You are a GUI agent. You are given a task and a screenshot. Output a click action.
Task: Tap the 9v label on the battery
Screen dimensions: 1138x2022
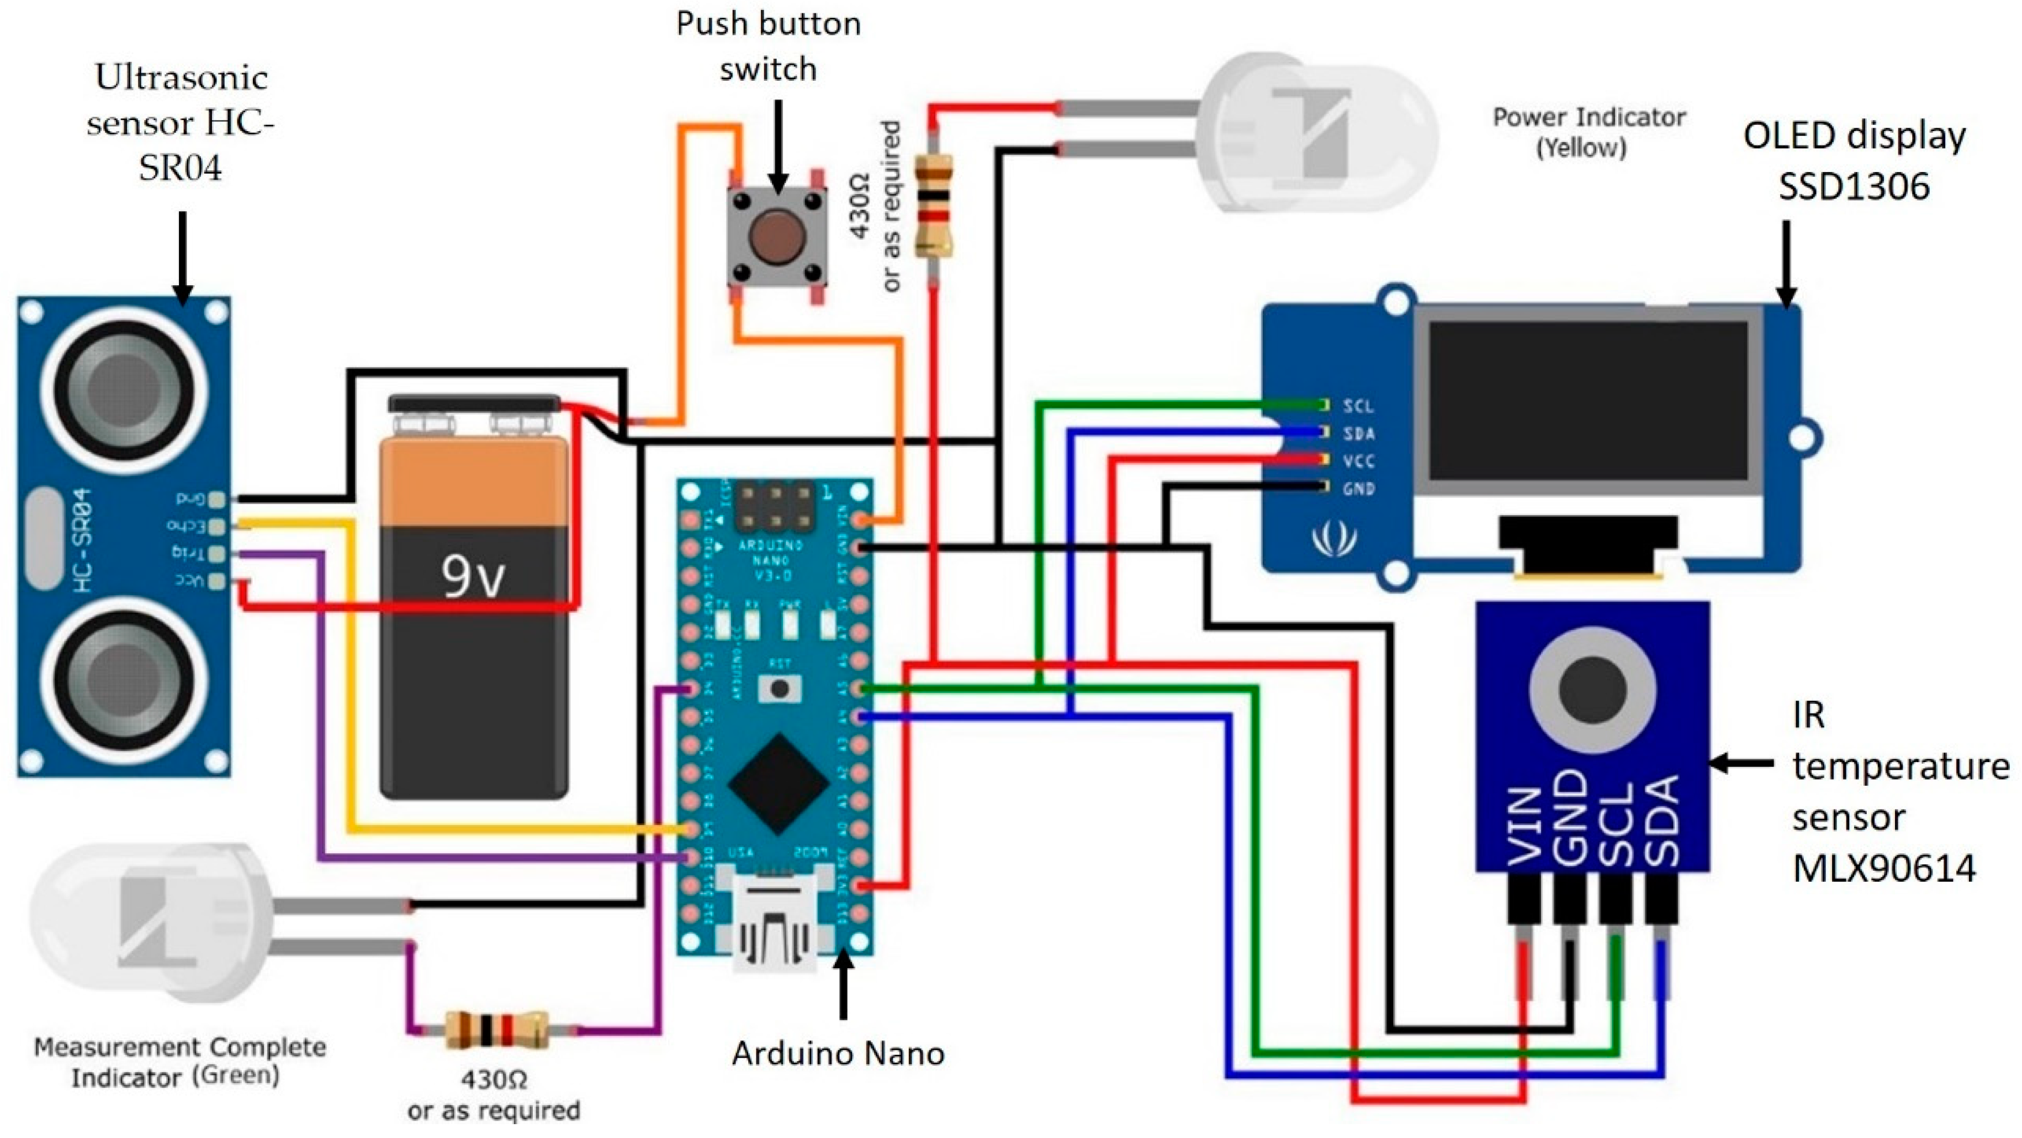[x=472, y=577]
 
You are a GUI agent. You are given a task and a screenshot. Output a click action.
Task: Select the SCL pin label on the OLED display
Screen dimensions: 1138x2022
[x=1358, y=406]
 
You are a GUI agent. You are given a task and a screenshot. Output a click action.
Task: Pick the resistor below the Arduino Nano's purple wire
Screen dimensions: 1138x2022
[x=495, y=1029]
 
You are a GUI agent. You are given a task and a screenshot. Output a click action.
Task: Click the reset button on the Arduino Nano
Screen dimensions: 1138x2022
[x=779, y=688]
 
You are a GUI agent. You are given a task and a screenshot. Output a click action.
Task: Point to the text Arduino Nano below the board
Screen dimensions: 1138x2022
[x=838, y=1053]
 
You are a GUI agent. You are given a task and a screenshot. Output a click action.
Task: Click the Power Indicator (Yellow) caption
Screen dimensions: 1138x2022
[x=1587, y=132]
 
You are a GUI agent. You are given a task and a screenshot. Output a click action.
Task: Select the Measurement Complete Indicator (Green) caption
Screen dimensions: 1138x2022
[x=179, y=1061]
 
